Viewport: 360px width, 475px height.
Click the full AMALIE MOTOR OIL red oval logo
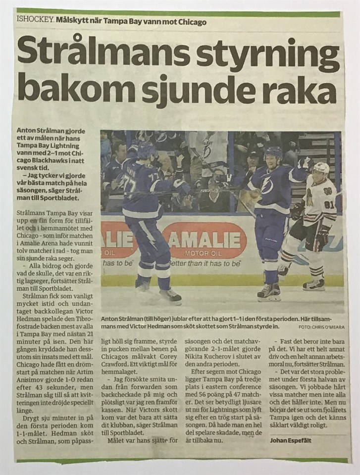tap(204, 239)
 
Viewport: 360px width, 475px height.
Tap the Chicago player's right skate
tap(314, 285)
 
